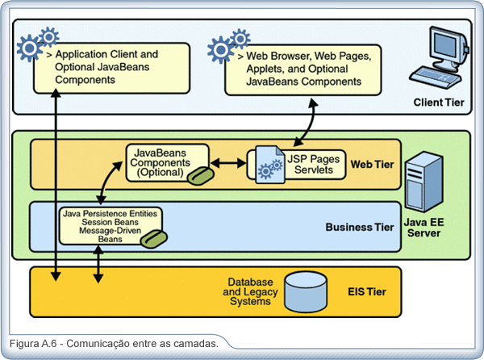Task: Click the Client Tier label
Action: point(439,103)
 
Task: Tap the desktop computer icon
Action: point(440,57)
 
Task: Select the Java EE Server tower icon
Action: point(424,182)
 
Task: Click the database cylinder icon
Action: point(305,291)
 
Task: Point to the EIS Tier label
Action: point(367,291)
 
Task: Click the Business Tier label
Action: point(360,228)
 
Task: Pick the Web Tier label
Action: point(372,164)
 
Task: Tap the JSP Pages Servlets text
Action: point(313,165)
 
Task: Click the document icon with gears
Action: point(270,165)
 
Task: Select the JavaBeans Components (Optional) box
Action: point(168,163)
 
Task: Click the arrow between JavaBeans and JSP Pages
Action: point(228,163)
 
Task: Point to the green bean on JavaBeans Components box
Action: point(200,176)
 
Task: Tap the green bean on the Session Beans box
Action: point(154,239)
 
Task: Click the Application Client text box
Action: point(111,68)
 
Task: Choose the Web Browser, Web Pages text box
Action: point(303,70)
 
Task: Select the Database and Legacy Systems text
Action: point(250,291)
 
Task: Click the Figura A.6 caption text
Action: point(114,344)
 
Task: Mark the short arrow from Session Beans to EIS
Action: point(98,264)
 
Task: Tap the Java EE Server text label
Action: point(423,228)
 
